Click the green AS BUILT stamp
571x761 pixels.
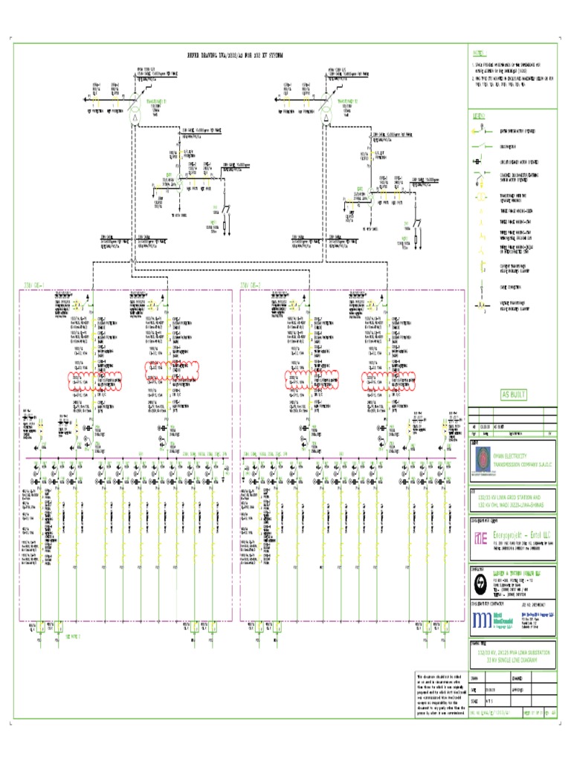click(x=513, y=395)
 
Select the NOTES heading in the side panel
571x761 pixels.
click(x=477, y=54)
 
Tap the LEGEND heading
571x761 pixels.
click(x=478, y=116)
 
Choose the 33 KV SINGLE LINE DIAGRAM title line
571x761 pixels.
click(x=512, y=658)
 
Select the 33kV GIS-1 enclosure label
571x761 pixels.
click(x=35, y=284)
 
